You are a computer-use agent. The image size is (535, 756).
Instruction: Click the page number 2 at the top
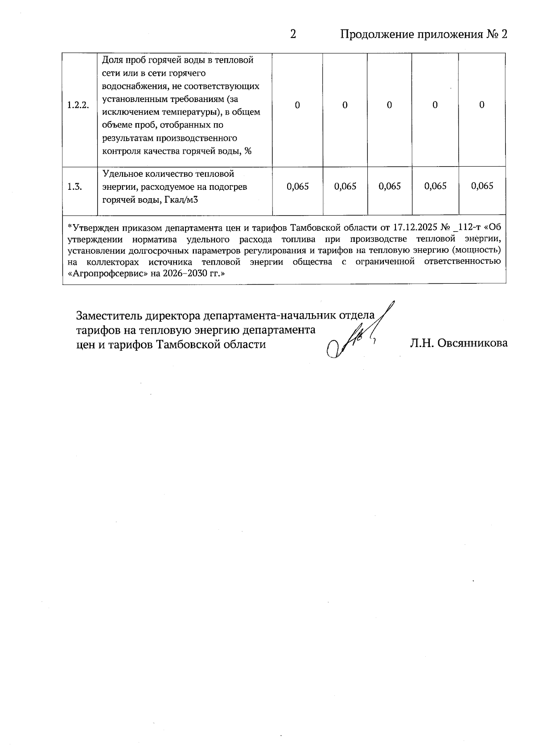coord(293,34)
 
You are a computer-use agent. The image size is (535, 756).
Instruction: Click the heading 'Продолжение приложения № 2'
coord(424,34)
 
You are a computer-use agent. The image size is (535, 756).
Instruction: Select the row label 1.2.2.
coord(78,106)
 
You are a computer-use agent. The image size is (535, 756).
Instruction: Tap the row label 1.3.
coord(74,187)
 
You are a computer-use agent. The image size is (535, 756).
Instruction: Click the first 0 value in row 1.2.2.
coord(297,105)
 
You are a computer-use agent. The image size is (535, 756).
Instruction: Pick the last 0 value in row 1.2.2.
coord(481,105)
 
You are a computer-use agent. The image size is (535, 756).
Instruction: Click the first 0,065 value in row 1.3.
coord(298,186)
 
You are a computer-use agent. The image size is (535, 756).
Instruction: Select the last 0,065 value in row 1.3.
coord(482,186)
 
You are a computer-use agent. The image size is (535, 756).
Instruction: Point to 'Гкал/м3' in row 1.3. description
coord(181,200)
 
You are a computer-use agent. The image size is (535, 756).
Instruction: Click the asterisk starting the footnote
coord(69,227)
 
